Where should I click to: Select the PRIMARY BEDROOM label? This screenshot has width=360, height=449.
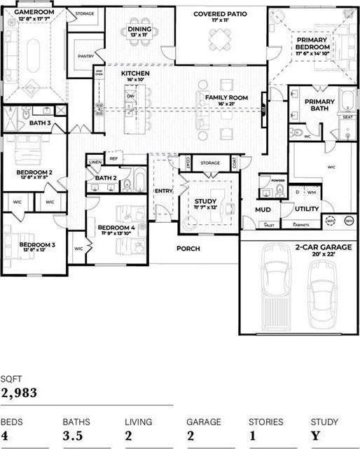pyautogui.click(x=312, y=44)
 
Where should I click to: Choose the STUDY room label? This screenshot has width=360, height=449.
pyautogui.click(x=206, y=201)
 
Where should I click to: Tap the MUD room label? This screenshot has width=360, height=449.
pyautogui.click(x=263, y=209)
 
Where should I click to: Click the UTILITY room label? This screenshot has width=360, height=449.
pyautogui.click(x=306, y=209)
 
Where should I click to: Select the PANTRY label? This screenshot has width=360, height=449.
pyautogui.click(x=86, y=56)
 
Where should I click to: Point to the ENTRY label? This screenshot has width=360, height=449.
pyautogui.click(x=164, y=191)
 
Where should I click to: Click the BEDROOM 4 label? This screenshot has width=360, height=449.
pyautogui.click(x=116, y=228)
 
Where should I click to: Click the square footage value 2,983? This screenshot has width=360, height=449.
pyautogui.click(x=19, y=393)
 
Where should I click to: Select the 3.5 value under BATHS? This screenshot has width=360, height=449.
pyautogui.click(x=73, y=435)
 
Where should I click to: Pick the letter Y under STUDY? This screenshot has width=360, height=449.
pyautogui.click(x=315, y=435)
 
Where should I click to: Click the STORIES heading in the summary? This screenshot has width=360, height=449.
pyautogui.click(x=265, y=422)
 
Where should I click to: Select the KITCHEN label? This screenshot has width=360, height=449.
pyautogui.click(x=135, y=74)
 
